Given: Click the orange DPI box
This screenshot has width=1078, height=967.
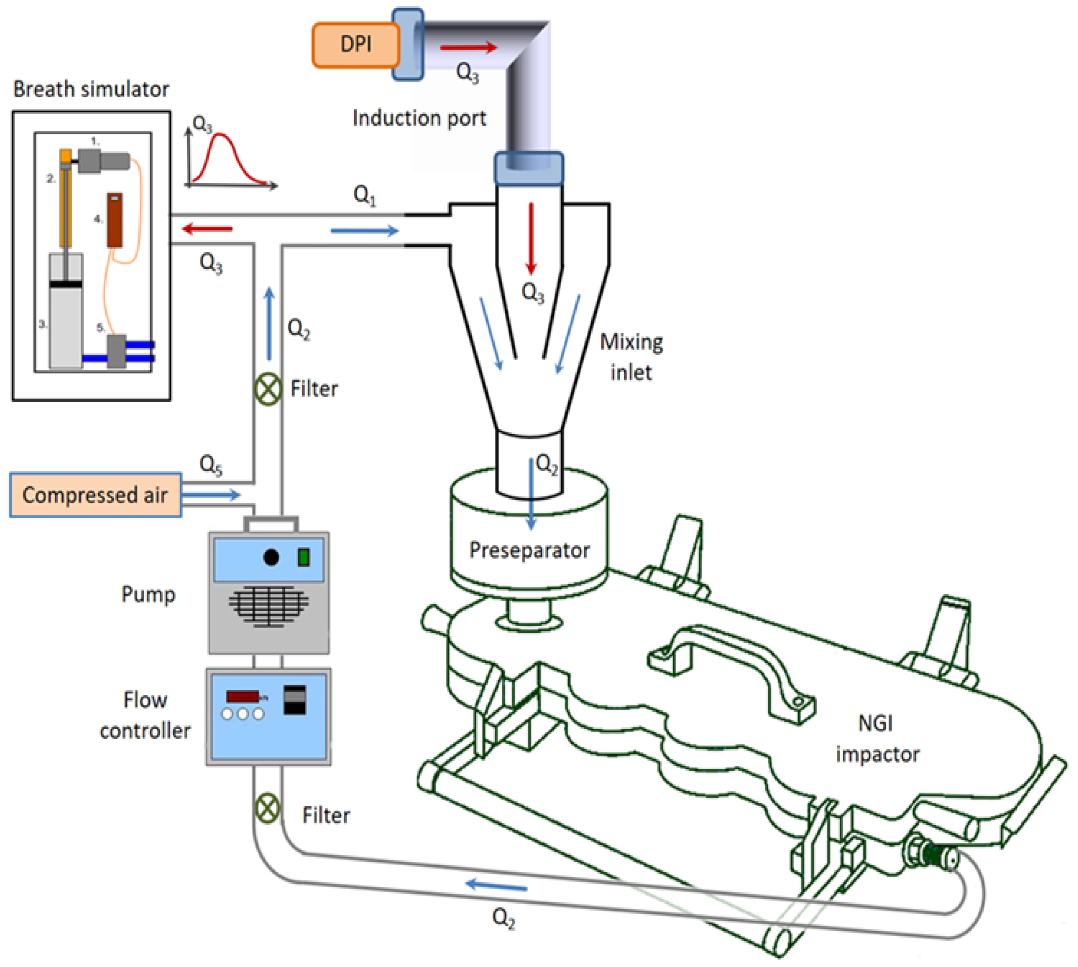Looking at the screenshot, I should [x=355, y=44].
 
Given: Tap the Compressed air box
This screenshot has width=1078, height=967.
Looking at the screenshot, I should [x=95, y=495].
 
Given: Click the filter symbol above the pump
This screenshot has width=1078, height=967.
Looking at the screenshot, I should [x=268, y=389].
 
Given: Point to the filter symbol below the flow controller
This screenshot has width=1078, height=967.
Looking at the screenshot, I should [x=267, y=808].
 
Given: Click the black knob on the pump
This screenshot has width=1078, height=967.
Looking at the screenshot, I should [x=271, y=557].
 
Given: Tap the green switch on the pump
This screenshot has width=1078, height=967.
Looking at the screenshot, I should [x=304, y=557].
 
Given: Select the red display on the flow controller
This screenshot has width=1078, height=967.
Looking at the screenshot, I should [x=242, y=696].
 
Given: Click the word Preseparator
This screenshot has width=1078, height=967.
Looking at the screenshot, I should [x=529, y=550].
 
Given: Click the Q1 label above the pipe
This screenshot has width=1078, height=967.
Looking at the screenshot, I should [x=365, y=196].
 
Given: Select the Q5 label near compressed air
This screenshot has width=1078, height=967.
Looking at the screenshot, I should [x=211, y=465].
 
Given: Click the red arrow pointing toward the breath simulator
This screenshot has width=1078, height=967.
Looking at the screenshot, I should [x=207, y=229].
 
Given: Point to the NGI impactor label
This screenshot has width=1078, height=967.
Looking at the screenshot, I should [x=877, y=738].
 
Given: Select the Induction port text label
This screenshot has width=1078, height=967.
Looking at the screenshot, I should [x=419, y=118].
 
